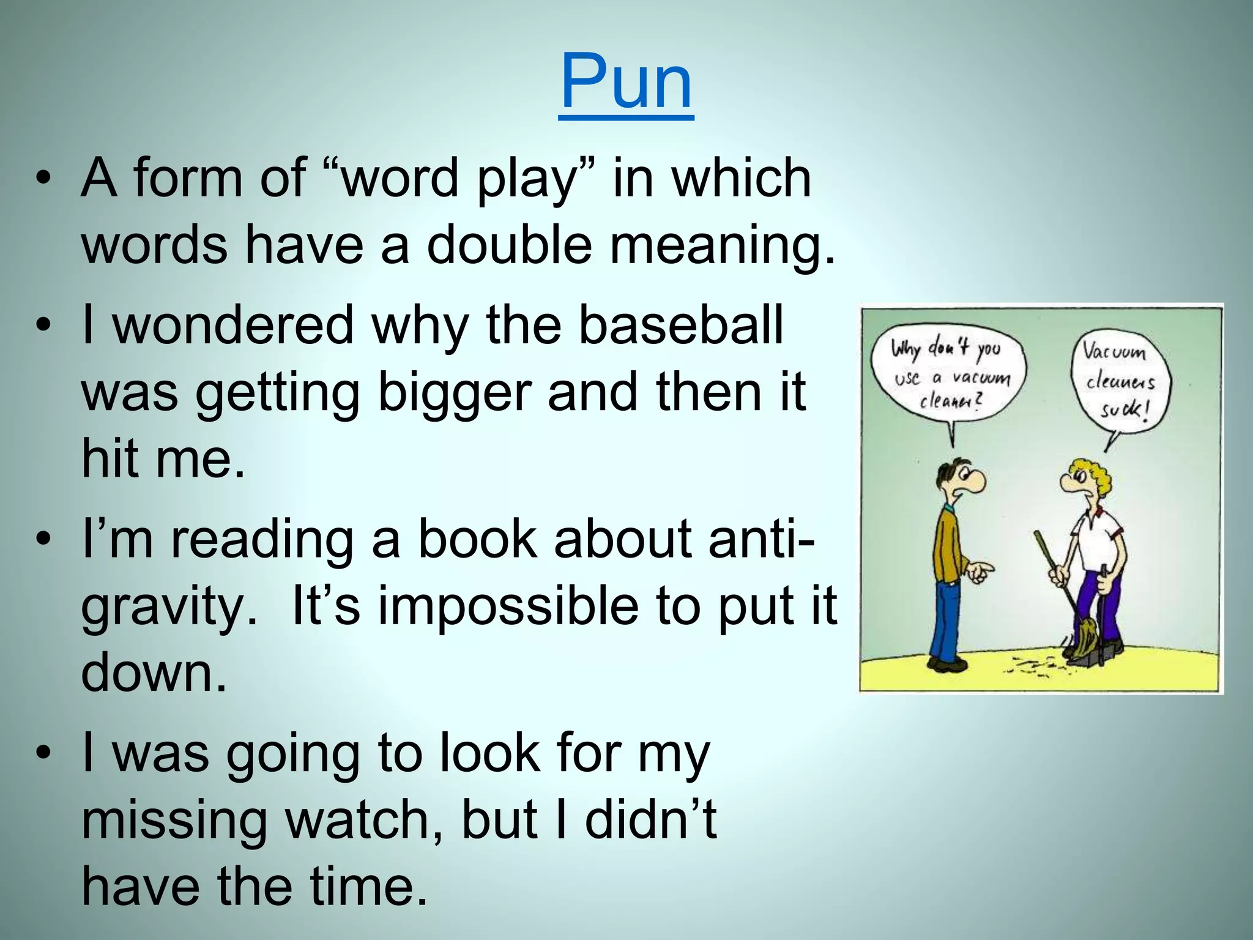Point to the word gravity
click(x=164, y=606)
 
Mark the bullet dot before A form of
click(x=42, y=179)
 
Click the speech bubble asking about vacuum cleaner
click(x=950, y=375)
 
